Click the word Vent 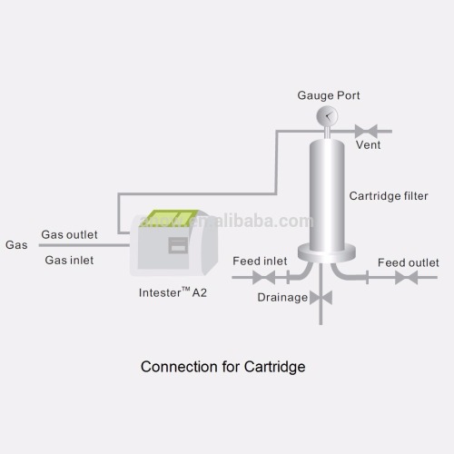coord(368,144)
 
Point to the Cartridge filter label coord(389,195)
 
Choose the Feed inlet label coord(260,262)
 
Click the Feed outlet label coord(408,262)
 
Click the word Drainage coord(282,297)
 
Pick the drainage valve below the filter coord(321,297)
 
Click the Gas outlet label coord(66,235)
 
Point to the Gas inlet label coord(69,260)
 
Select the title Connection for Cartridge coord(222,367)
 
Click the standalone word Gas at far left coord(16,245)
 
